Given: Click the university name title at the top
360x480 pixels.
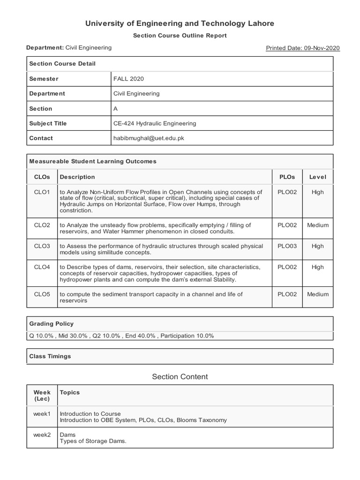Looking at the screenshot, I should tap(180, 23).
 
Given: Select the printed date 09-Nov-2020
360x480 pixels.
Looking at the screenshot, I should tap(303, 48).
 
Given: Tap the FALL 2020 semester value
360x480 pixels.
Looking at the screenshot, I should tap(128, 79).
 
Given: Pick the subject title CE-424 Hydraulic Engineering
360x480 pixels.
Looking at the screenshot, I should tap(155, 123).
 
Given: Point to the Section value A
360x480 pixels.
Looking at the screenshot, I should tap(116, 108).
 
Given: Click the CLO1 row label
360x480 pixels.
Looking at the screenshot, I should tap(42, 192).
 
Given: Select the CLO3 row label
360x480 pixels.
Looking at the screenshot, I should tap(42, 246).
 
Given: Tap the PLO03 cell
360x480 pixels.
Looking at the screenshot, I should tap(287, 246).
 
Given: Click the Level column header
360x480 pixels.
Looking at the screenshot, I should tap(317, 177).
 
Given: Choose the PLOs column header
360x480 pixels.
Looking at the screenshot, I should tap(287, 177).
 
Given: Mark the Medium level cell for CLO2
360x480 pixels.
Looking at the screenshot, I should tap(317, 225).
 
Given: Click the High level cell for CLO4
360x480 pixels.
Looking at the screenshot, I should tap(317, 267).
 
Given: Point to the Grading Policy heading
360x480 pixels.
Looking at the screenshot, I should tap(52, 323).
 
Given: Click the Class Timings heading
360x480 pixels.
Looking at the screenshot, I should tap(50, 356).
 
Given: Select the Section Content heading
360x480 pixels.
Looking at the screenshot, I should tap(180, 377).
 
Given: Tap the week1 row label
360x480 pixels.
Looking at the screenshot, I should tap(42, 414).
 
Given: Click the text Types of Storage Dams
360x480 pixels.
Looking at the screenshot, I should tap(93, 441).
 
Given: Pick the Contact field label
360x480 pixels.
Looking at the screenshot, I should tap(41, 138).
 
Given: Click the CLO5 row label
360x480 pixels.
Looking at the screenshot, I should tap(42, 294).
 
